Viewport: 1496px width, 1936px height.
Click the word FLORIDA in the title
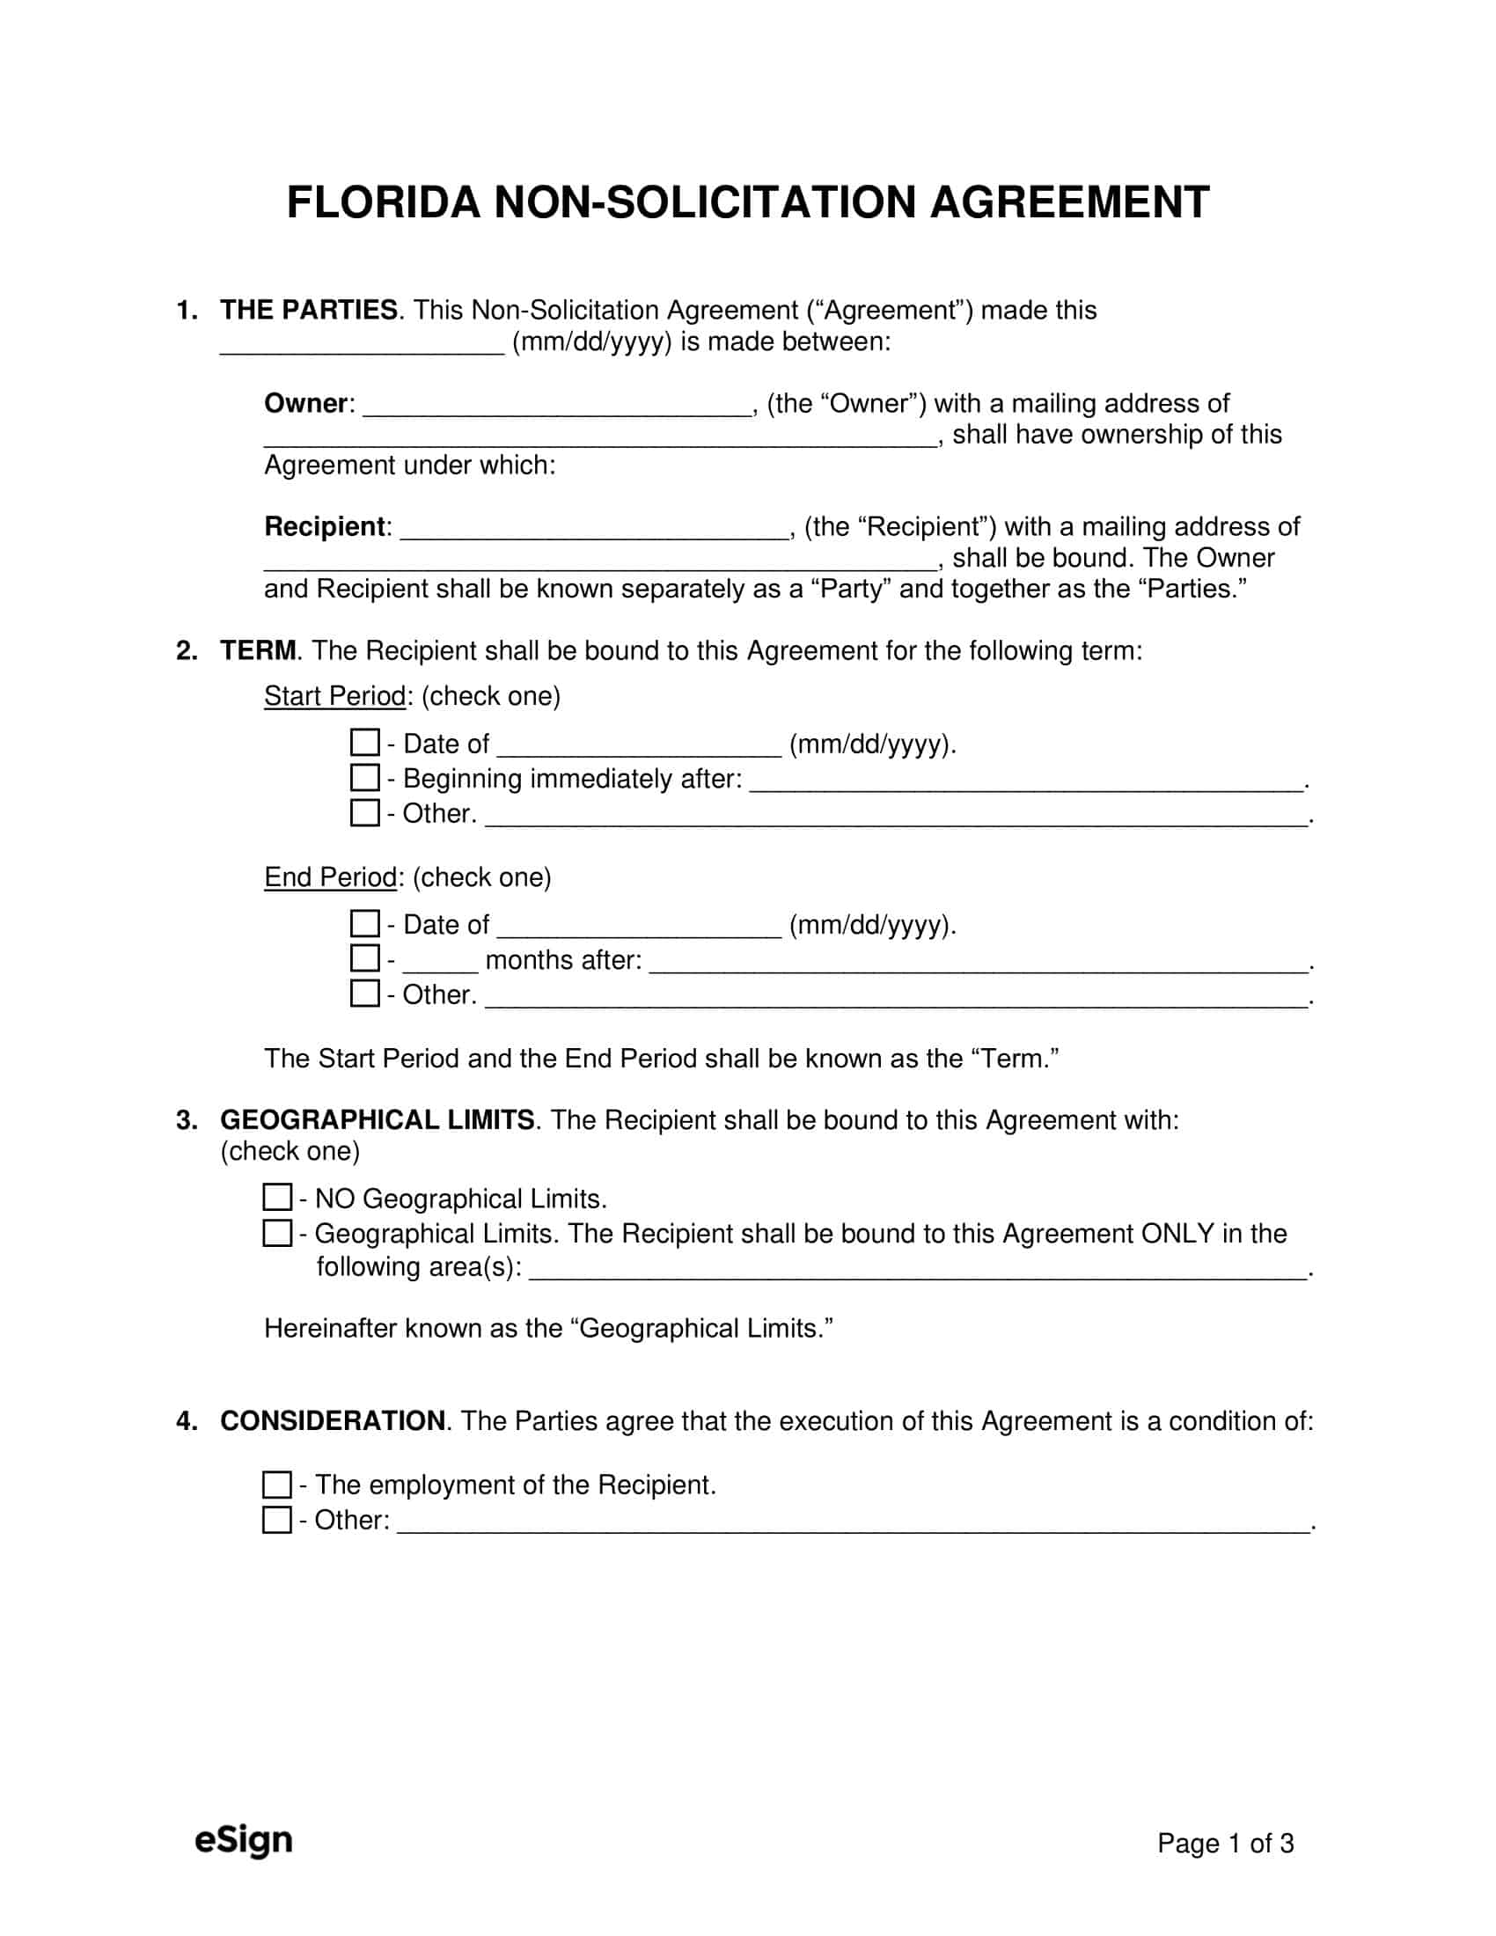(x=383, y=203)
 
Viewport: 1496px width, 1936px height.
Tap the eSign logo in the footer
(x=243, y=1839)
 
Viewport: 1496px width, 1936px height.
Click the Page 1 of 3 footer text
(x=1225, y=1844)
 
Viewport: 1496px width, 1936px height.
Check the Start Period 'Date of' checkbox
(x=364, y=742)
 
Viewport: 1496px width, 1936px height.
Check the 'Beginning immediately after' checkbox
(x=364, y=777)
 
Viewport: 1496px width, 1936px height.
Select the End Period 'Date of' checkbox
(x=364, y=924)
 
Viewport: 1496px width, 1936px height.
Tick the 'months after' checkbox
(x=364, y=958)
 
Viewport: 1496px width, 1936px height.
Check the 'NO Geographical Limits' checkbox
(x=277, y=1198)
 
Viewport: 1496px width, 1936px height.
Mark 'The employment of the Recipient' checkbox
(x=277, y=1484)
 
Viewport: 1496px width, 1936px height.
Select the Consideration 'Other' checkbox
(x=277, y=1520)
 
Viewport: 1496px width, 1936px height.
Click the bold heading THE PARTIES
(x=308, y=311)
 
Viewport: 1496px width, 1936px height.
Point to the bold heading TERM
(x=257, y=650)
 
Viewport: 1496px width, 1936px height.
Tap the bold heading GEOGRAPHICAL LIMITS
(x=377, y=1119)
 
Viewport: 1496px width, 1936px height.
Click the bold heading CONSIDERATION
(x=333, y=1421)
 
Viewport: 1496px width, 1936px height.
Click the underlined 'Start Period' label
(x=334, y=696)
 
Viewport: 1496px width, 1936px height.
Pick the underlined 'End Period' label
(x=330, y=877)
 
